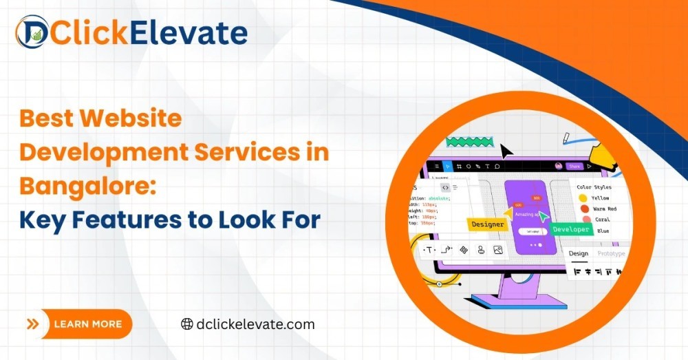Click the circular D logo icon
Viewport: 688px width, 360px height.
(x=32, y=32)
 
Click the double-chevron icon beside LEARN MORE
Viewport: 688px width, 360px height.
(x=32, y=324)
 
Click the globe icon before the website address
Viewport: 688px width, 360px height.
(x=186, y=324)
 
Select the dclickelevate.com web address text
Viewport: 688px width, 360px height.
(x=255, y=324)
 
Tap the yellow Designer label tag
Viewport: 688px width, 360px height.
(x=487, y=224)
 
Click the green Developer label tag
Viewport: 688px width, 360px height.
(x=571, y=229)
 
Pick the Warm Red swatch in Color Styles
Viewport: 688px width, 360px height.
(x=584, y=209)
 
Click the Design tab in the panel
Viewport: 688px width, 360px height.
(x=578, y=253)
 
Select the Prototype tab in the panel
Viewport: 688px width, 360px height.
(x=611, y=253)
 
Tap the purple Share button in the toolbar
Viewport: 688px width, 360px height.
(x=574, y=166)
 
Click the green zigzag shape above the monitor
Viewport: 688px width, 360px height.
(x=470, y=142)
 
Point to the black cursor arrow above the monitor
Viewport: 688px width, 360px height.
(x=507, y=151)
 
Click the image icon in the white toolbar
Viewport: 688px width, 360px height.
(x=498, y=250)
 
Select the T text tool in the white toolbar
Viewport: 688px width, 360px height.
(x=429, y=250)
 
